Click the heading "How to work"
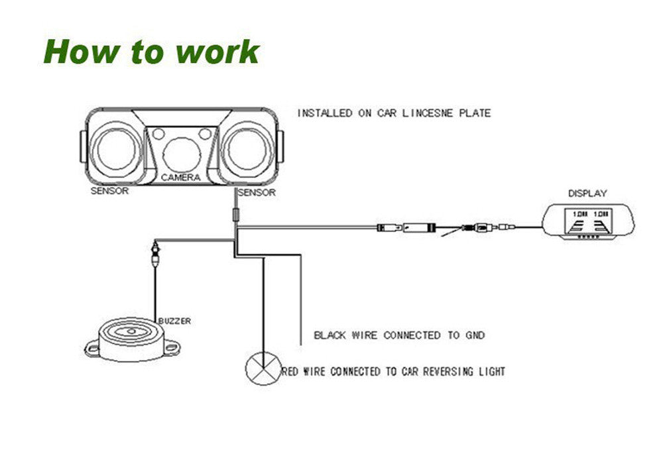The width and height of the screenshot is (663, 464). click(151, 52)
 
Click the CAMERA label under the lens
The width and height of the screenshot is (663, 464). click(180, 178)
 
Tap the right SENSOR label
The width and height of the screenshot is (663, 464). click(256, 193)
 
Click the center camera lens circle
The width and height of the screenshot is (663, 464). click(181, 152)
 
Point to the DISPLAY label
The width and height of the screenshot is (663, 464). click(587, 194)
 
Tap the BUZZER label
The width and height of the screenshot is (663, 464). click(174, 321)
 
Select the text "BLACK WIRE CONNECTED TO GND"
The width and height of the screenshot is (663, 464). click(399, 335)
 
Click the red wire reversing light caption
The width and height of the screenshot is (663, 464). click(394, 371)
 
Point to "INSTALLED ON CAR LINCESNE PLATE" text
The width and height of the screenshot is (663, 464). click(394, 113)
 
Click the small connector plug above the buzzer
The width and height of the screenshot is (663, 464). click(155, 253)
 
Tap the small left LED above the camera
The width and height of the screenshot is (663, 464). click(158, 135)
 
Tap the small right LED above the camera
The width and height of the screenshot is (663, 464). click(204, 135)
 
